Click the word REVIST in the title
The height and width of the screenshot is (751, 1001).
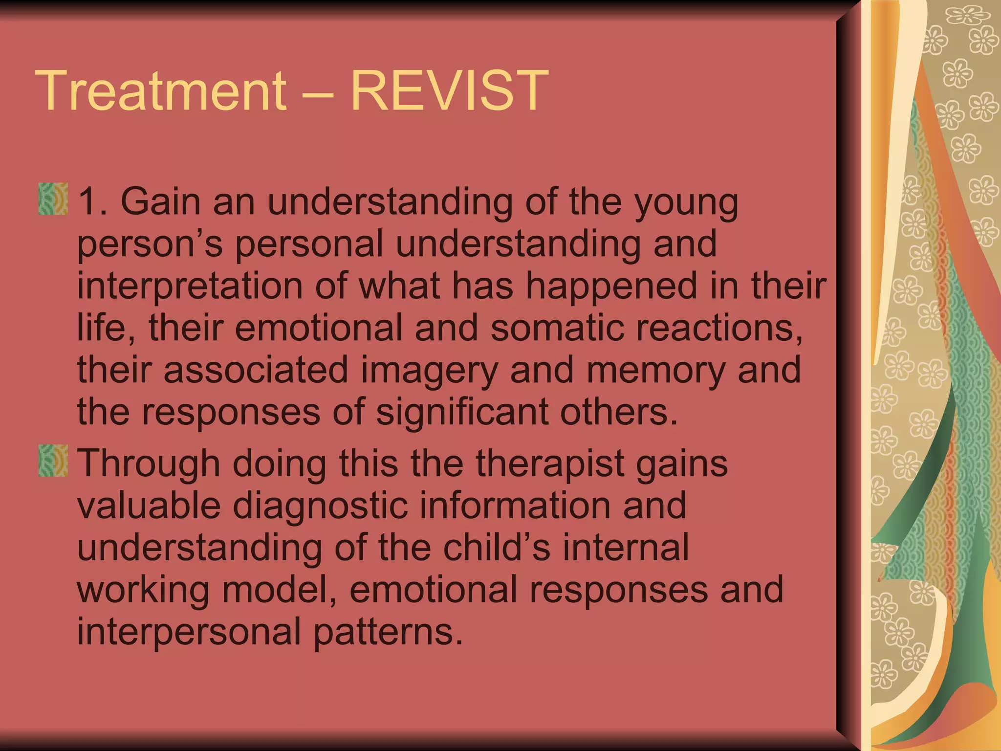[x=450, y=91]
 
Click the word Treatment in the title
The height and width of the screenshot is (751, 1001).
[x=161, y=91]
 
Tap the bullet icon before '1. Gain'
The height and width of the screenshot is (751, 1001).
[x=53, y=199]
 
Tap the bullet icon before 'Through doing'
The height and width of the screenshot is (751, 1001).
[x=53, y=461]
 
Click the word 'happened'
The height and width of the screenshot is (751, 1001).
[x=611, y=286]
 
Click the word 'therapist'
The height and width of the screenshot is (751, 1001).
[x=550, y=463]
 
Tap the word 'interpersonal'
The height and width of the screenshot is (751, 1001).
[x=189, y=631]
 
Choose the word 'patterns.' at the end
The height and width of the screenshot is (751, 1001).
[x=388, y=631]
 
